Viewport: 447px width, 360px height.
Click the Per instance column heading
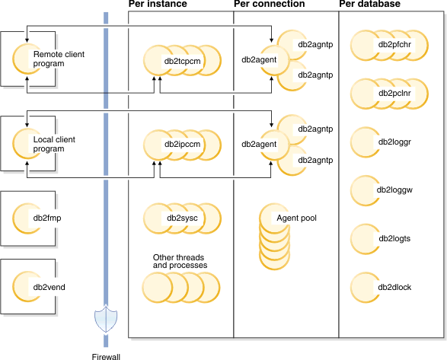[x=157, y=5]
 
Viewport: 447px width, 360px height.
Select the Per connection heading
[x=269, y=5]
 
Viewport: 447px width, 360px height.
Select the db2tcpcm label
[x=183, y=59]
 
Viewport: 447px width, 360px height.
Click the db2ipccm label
[x=183, y=143]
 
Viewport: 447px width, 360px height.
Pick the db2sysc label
[x=183, y=218]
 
